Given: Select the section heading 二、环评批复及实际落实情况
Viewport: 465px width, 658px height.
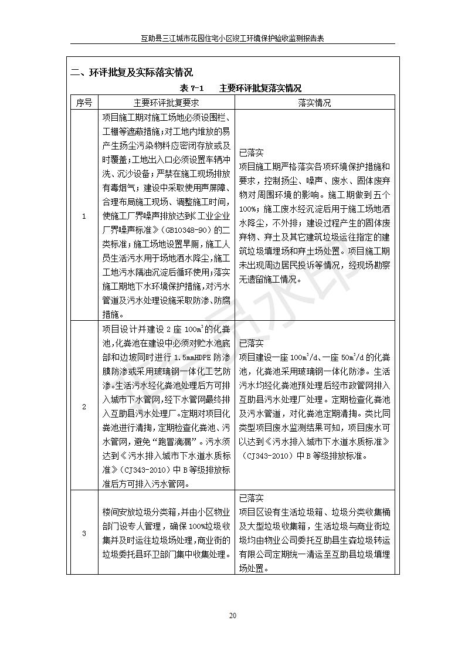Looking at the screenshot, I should (131, 73).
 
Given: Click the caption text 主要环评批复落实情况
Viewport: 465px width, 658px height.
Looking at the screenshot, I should (260, 89).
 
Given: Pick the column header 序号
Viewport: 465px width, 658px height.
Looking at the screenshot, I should (84, 103).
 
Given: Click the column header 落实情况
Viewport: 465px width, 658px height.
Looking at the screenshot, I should (314, 103).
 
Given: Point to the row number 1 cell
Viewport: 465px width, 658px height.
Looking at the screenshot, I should (84, 216).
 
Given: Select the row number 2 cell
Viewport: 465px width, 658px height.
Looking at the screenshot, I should (84, 406).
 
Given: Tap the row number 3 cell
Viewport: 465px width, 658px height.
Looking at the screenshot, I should (84, 533).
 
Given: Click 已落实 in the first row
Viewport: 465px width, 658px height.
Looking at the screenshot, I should (252, 152).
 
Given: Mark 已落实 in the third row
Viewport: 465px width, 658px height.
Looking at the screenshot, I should (252, 498).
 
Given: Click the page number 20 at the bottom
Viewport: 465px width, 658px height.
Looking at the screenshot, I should (232, 615).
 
